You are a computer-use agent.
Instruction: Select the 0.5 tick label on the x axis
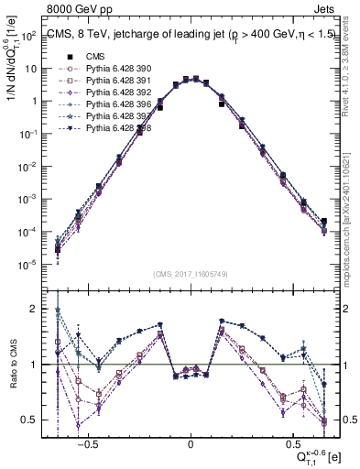tap(293, 442)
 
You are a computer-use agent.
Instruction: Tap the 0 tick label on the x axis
tap(191, 442)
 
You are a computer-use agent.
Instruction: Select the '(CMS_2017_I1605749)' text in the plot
tap(190, 274)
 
